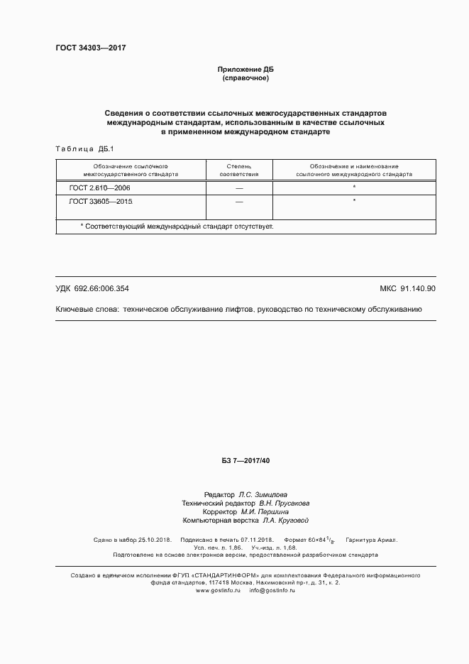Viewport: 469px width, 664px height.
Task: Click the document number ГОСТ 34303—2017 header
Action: (90, 48)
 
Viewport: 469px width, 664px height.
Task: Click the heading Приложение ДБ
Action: (245, 69)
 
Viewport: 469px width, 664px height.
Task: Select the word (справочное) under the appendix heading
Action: (245, 77)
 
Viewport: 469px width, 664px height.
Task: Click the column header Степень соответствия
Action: (239, 169)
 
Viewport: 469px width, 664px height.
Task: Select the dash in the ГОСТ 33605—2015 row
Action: (239, 202)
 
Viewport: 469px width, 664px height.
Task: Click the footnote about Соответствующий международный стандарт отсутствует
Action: (177, 226)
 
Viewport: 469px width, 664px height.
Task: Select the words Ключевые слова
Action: (86, 310)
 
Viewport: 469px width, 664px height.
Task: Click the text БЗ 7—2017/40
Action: (245, 462)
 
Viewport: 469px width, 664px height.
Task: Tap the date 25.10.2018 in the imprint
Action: (153, 540)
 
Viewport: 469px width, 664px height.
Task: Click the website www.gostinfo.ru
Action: (219, 590)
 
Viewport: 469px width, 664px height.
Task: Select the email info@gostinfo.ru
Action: (272, 590)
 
